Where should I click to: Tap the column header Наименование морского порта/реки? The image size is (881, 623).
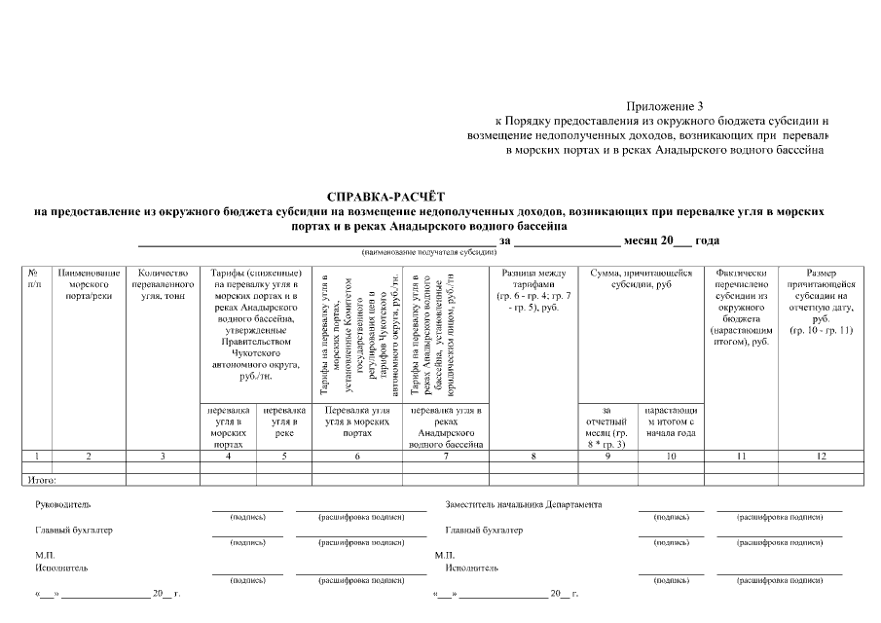click(89, 283)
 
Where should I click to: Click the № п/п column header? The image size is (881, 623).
click(35, 278)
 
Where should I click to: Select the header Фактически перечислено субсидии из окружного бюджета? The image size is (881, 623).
click(741, 307)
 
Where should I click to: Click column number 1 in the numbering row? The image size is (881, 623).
click(35, 455)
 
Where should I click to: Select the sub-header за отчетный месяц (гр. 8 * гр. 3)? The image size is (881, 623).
click(606, 426)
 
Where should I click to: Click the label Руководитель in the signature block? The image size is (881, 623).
click(62, 504)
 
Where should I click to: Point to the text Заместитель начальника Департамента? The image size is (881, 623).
click(523, 504)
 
